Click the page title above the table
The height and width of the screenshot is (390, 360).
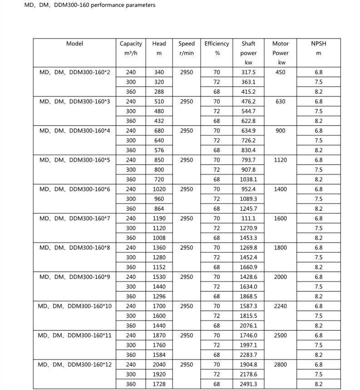point(89,5)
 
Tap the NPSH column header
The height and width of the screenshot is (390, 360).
point(318,44)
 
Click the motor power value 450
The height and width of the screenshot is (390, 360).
point(281,72)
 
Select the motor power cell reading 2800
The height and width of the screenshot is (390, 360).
point(281,365)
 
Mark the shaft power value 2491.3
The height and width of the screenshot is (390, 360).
point(248,384)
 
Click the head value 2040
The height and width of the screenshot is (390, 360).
point(159,365)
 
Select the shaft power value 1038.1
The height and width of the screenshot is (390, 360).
point(248,179)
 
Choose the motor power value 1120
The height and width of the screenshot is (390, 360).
point(281,160)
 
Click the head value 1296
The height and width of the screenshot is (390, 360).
point(159,296)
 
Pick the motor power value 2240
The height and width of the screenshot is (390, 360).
point(281,306)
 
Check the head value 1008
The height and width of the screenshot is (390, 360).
point(159,238)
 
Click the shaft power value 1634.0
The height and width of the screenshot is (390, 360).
point(248,286)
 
